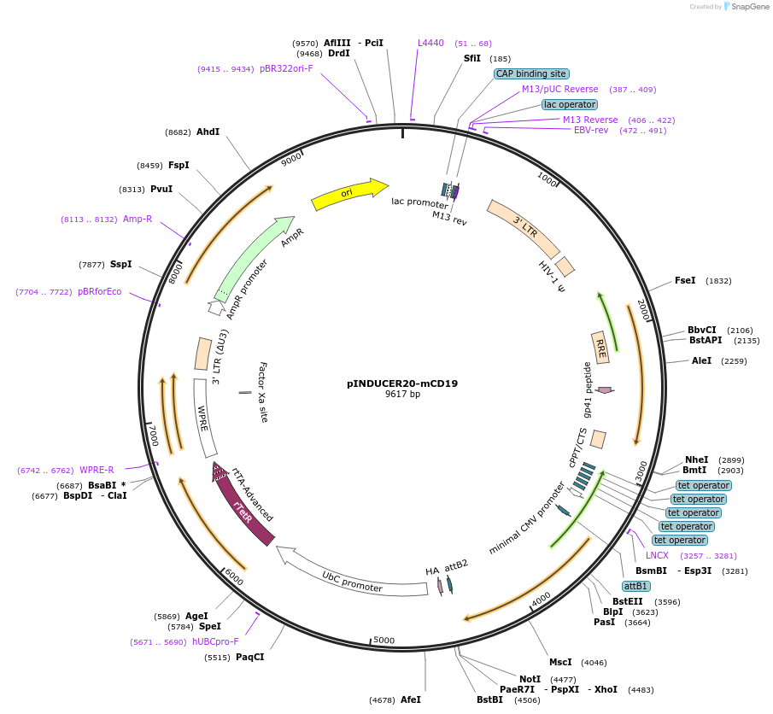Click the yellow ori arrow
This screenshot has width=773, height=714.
349,194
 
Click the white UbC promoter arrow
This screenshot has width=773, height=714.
349,575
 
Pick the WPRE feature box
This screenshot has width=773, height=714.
205,418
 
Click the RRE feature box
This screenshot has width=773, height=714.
600,348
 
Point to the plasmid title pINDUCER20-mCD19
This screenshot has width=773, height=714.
402,383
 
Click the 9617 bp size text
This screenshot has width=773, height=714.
403,394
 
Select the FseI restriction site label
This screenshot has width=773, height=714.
685,281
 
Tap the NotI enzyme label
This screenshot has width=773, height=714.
530,679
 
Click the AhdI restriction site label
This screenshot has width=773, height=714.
208,132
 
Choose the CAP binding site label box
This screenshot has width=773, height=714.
531,74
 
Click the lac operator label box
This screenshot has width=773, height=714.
570,104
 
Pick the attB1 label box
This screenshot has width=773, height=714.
636,586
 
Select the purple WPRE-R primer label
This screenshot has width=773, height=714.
97,470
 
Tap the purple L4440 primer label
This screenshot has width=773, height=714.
430,43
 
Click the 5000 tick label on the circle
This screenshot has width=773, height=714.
384,640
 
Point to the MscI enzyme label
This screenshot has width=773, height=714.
560,662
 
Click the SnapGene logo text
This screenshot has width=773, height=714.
750,7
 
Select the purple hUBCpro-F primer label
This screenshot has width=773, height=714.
215,641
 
